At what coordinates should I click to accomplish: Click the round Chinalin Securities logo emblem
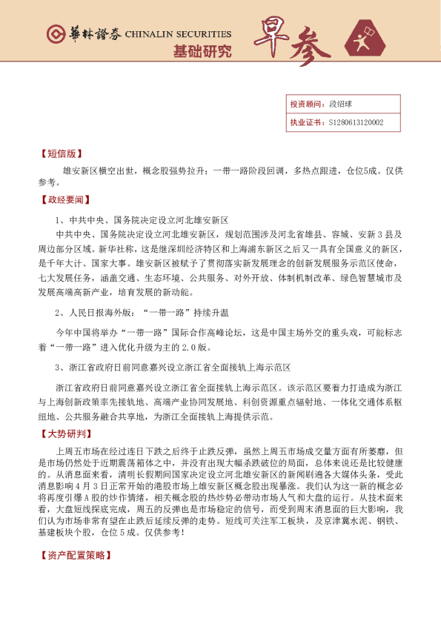tap(54, 35)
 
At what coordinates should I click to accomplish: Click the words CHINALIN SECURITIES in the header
tap(178, 34)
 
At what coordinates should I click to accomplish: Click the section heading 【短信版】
tap(59, 155)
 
